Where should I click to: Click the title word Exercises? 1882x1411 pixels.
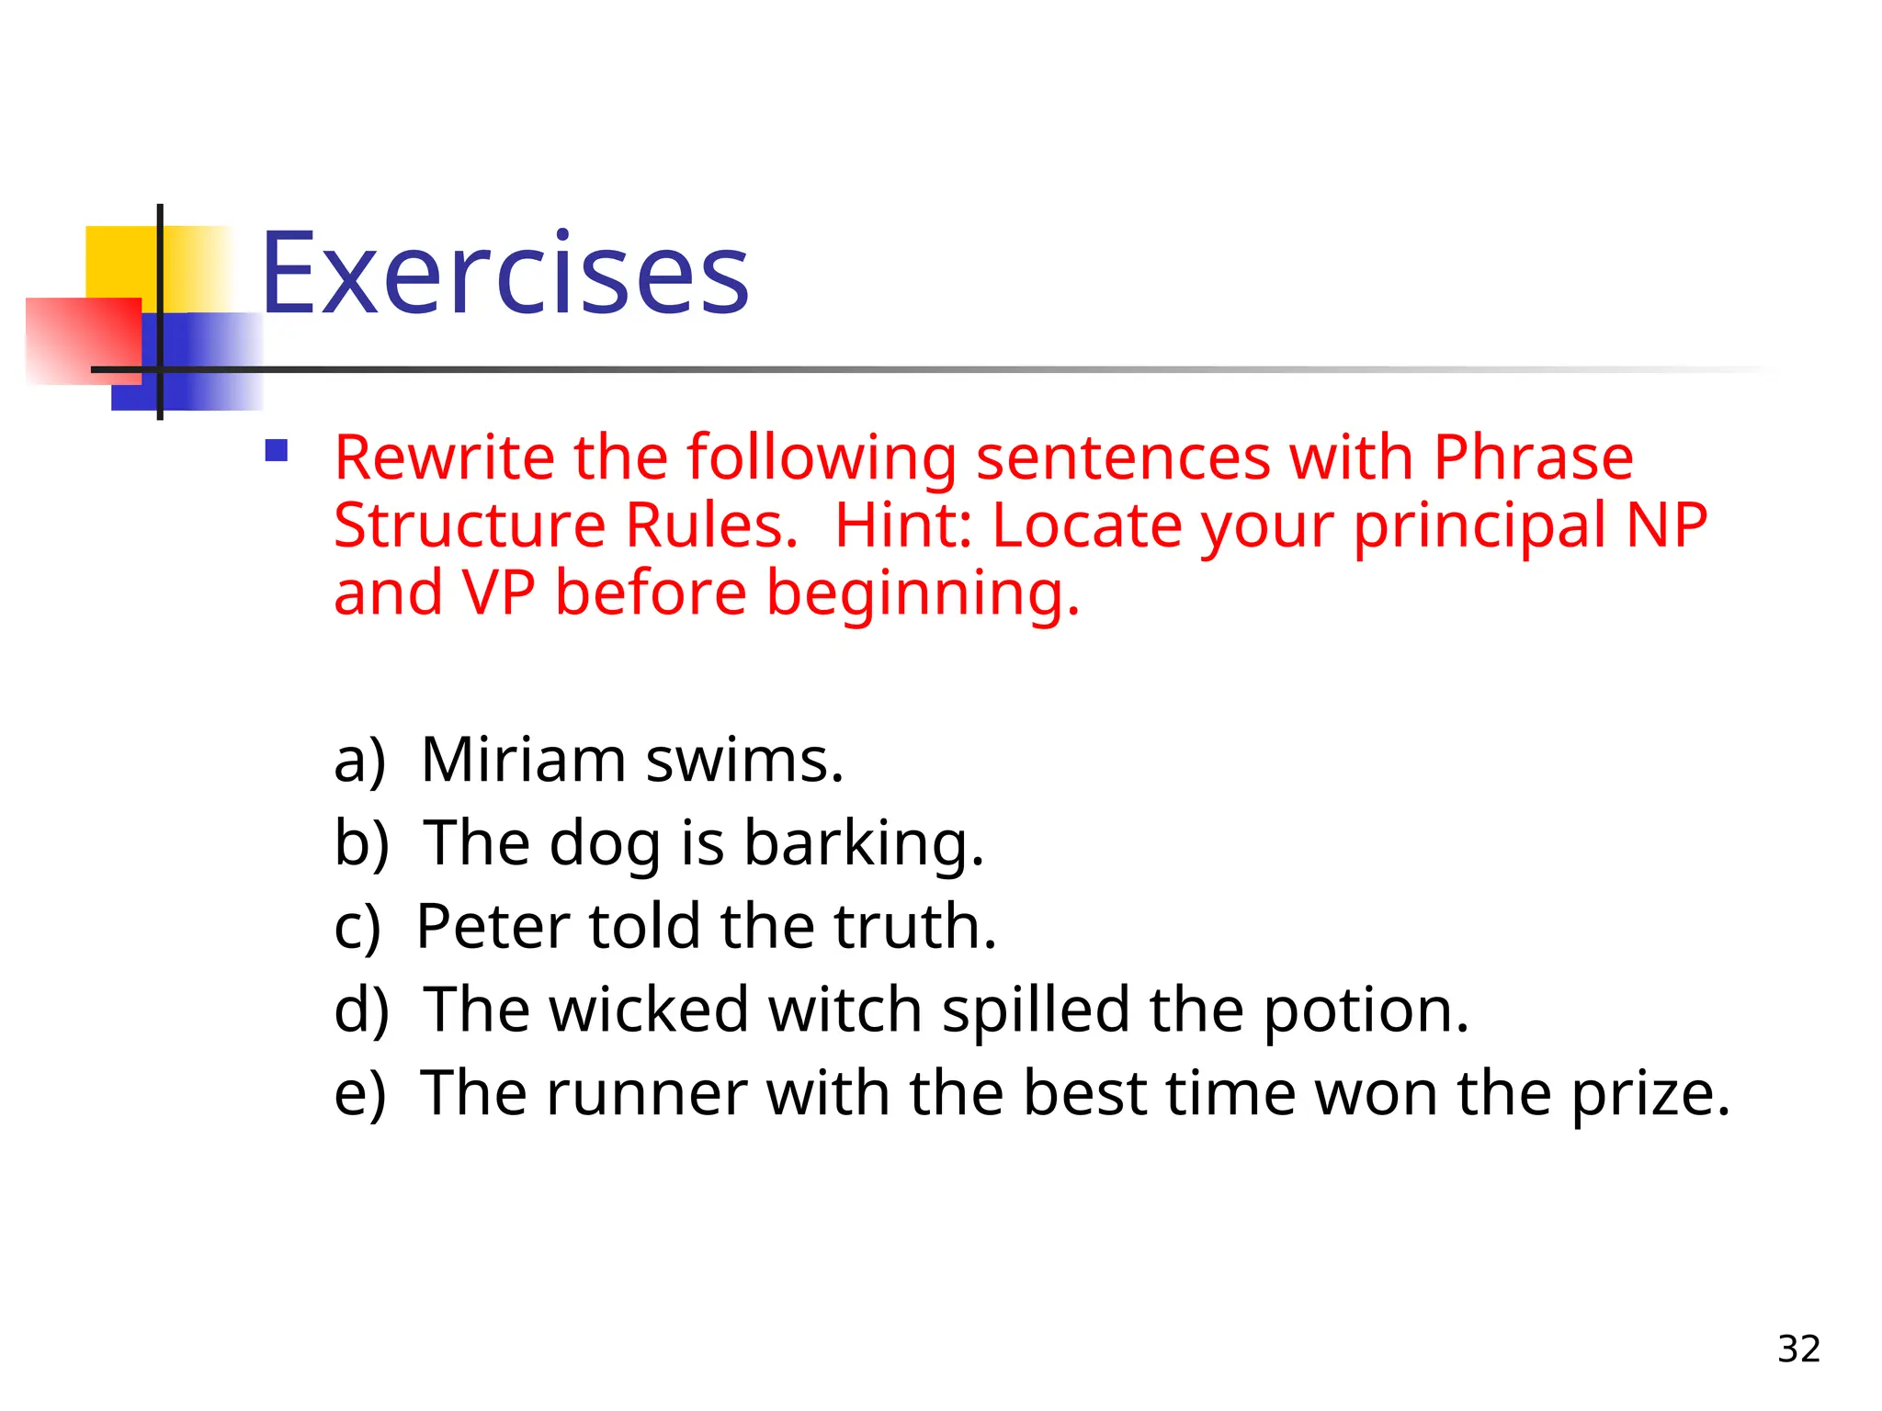click(505, 274)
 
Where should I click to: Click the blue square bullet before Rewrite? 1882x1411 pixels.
click(276, 450)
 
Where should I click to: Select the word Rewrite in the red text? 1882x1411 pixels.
click(444, 457)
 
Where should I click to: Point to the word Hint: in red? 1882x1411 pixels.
click(903, 525)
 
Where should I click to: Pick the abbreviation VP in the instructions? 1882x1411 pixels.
click(498, 593)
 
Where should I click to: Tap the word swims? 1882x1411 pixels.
click(744, 760)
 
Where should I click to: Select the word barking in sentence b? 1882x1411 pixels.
click(863, 843)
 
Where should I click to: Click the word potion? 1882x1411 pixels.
click(1366, 1010)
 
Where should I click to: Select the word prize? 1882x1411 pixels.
click(1650, 1093)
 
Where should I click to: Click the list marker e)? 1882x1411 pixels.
click(359, 1093)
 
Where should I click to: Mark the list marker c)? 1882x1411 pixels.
click(357, 926)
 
